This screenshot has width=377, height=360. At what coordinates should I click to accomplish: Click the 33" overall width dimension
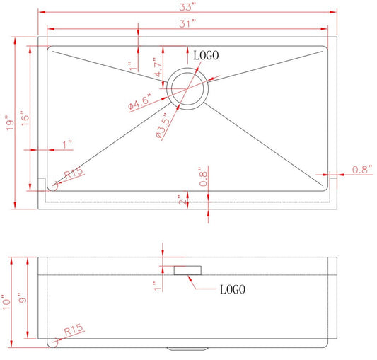(187, 7)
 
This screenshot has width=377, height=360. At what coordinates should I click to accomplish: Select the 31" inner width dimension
(187, 23)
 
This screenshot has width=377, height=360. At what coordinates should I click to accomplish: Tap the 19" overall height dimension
(10, 123)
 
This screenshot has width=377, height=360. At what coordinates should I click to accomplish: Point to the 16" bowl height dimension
(25, 118)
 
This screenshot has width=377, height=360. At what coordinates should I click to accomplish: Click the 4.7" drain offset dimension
(158, 67)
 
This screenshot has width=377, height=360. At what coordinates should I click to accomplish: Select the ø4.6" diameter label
(139, 102)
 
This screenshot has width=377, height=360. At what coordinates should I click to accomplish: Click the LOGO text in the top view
(206, 56)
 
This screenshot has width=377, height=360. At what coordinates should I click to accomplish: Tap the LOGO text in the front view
(233, 289)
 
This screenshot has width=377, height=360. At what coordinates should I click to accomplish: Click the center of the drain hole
(187, 88)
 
